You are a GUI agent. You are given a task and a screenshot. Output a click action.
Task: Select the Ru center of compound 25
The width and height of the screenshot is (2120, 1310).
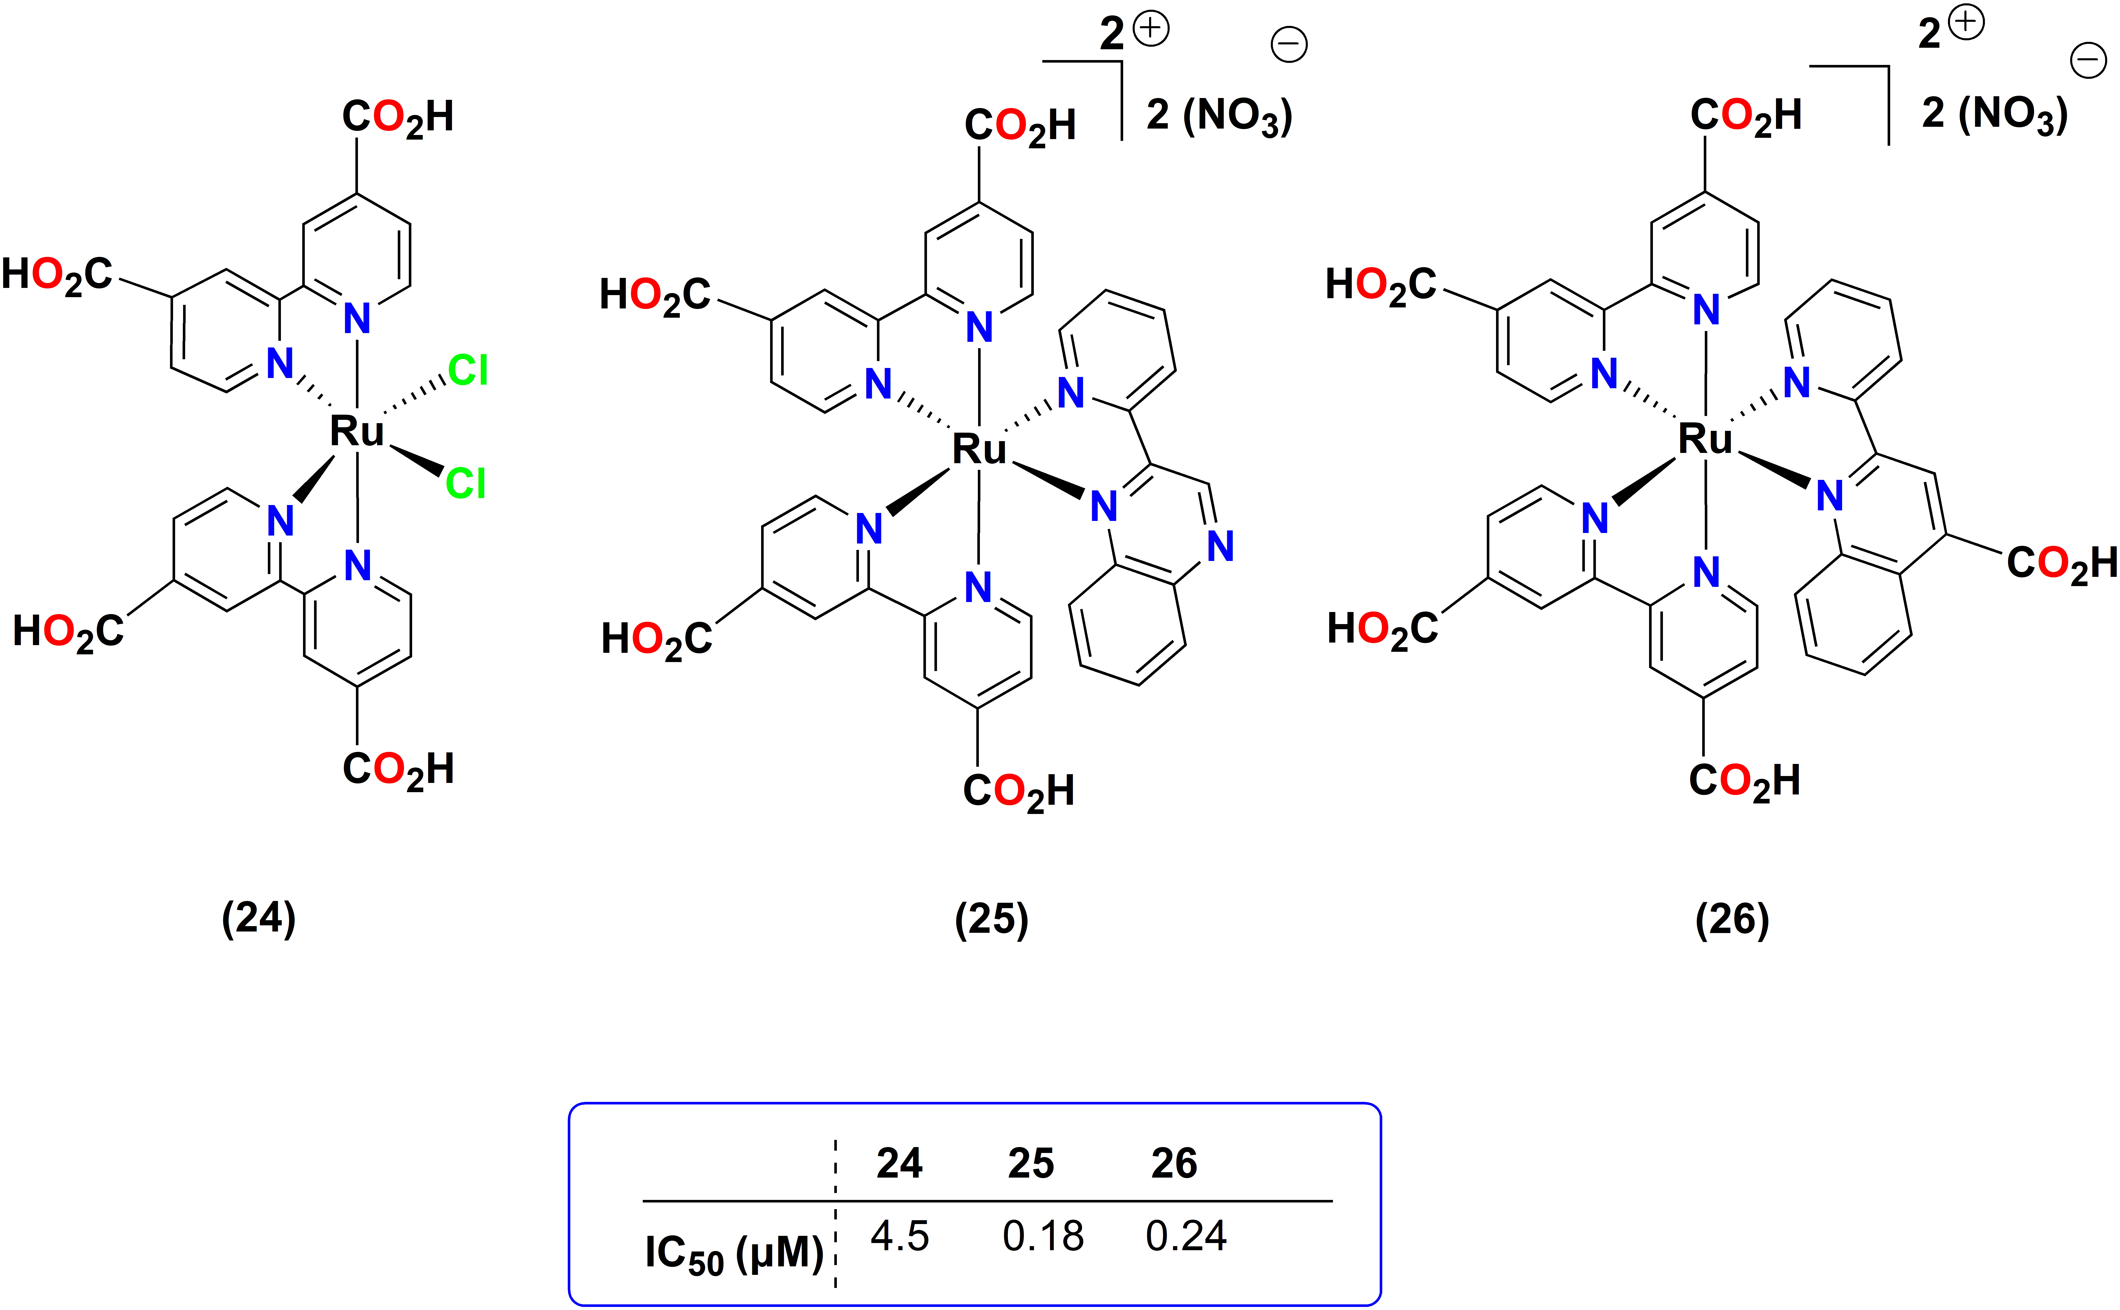979,449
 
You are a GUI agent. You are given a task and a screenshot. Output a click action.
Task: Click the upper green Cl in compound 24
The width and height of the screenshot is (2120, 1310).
468,371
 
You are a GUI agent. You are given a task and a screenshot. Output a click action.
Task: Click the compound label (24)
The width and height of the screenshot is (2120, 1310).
258,918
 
